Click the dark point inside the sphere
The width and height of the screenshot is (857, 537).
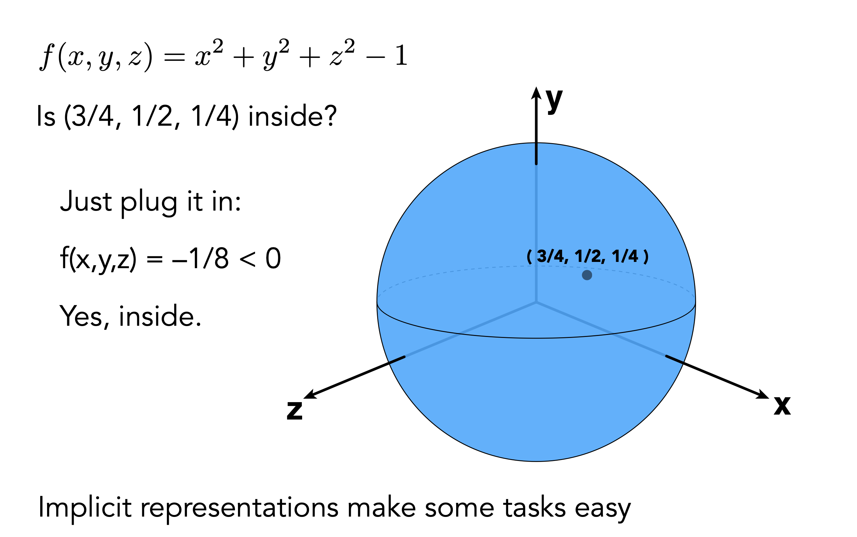tap(587, 275)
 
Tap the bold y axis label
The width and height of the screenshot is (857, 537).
tap(554, 100)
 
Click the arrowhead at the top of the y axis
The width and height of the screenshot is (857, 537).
tap(536, 93)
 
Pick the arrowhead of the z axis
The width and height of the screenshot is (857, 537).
tap(310, 395)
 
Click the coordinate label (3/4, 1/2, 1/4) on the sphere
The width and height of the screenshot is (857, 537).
tap(587, 256)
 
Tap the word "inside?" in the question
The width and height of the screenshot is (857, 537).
tap(292, 116)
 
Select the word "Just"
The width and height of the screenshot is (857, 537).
tap(86, 201)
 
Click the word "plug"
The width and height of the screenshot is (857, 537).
tap(149, 202)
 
